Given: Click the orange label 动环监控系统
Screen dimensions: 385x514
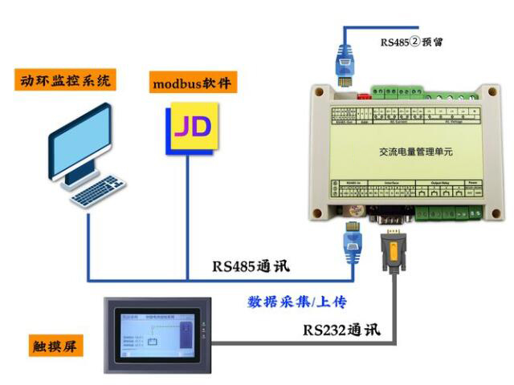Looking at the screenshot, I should point(65,79).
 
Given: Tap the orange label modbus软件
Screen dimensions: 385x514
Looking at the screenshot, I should point(194,83).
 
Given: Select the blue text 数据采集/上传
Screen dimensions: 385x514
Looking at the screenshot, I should point(302,302).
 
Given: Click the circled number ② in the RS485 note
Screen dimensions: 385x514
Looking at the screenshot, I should point(416,43).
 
